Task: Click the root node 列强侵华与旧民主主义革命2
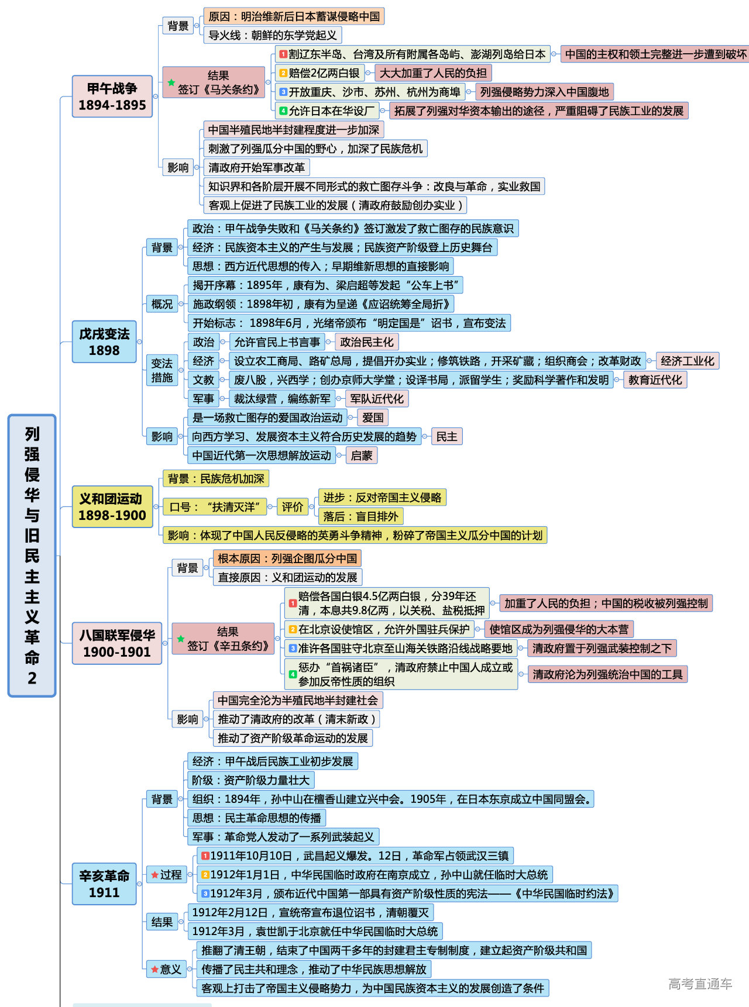click(x=32, y=555)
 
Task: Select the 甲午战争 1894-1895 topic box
click(x=112, y=96)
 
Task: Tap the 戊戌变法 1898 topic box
click(x=104, y=342)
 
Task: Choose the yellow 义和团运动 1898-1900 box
click(x=112, y=506)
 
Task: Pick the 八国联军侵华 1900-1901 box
click(x=117, y=643)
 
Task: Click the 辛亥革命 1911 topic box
click(x=104, y=884)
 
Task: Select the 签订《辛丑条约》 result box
click(x=223, y=639)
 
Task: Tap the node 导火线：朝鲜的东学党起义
click(x=273, y=35)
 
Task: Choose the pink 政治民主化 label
click(x=367, y=342)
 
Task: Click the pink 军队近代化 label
click(x=377, y=399)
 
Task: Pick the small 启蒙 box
click(x=362, y=456)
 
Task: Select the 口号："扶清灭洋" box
click(x=215, y=507)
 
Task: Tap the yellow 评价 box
click(x=293, y=507)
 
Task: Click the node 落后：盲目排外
click(x=360, y=516)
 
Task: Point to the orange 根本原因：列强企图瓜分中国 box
click(x=287, y=558)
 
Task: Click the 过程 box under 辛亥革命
click(x=167, y=875)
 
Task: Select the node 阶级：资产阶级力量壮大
click(x=251, y=780)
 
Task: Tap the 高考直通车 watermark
click(x=700, y=984)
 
